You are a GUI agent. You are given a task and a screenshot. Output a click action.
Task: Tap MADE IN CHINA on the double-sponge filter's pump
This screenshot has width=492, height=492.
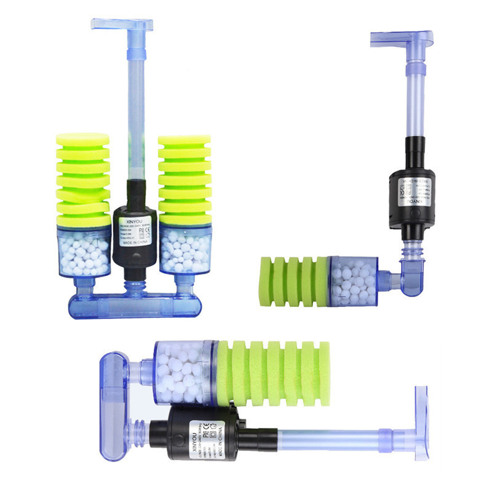[135, 243]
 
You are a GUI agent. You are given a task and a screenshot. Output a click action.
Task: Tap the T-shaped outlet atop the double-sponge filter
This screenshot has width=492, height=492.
[122, 25]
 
